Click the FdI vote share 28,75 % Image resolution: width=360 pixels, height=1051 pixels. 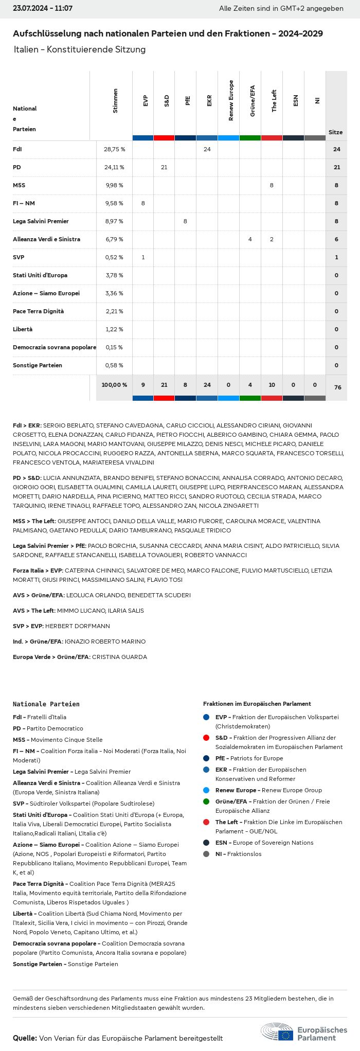pos(114,149)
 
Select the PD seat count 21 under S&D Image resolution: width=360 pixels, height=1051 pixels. pos(164,167)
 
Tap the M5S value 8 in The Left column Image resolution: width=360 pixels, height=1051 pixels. pos(272,185)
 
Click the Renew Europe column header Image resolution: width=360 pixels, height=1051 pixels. pos(231,101)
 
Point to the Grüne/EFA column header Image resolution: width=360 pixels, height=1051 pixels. pos(252,101)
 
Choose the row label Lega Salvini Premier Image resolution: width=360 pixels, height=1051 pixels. pos(41,221)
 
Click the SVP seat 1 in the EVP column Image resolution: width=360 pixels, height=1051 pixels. pos(143,257)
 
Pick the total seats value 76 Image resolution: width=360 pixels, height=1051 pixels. pos(337,387)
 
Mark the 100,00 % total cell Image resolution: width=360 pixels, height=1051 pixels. pos(114,385)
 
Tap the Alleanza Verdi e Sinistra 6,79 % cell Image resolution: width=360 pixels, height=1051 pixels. pos(114,239)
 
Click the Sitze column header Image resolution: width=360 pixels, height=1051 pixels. pos(335,132)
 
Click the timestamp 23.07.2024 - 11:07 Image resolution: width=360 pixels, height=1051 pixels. pos(43,9)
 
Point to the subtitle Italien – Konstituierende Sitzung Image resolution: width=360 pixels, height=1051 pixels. pos(80,49)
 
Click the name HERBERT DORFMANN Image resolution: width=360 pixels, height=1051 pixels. pos(77,626)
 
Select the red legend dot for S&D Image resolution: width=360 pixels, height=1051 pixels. pos(206,738)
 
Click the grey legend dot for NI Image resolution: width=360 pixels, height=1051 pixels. pos(206,854)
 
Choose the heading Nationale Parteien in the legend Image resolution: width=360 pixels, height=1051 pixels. pos(46,704)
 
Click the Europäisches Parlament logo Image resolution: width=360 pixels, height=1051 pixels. pos(303,1033)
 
